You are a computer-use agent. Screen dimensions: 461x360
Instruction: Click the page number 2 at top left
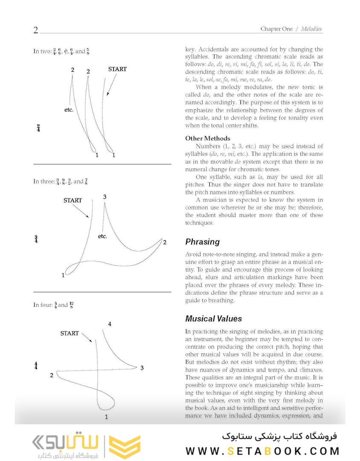click(x=36, y=30)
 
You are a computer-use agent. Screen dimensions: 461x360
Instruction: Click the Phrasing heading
click(x=202, y=242)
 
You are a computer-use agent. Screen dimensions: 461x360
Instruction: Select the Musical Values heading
click(x=213, y=319)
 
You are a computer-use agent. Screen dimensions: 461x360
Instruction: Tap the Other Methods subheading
click(x=207, y=138)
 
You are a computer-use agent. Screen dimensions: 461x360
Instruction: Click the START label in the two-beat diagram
click(x=117, y=69)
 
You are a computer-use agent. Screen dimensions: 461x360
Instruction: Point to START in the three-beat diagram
click(x=73, y=200)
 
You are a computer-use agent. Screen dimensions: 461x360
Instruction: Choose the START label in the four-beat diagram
click(x=70, y=333)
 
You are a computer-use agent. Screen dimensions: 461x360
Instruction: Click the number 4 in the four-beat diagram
click(x=110, y=324)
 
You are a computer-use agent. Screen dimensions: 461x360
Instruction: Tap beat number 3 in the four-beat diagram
click(x=142, y=368)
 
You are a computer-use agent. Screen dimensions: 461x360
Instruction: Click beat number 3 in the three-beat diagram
click(x=105, y=197)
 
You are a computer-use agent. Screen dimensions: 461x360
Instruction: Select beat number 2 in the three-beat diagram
click(x=165, y=242)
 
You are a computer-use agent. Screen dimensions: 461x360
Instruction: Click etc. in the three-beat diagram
click(x=102, y=236)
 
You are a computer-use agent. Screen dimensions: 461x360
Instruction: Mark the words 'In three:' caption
click(x=44, y=181)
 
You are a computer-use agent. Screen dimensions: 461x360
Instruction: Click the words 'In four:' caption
click(x=43, y=305)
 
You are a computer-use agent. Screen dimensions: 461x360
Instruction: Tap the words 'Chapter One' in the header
click(x=276, y=29)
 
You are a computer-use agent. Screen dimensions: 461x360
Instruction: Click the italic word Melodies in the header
click(x=311, y=29)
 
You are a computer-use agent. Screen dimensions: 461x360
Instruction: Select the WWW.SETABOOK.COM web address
click(x=263, y=451)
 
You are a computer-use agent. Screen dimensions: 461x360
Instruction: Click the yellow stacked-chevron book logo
click(x=125, y=447)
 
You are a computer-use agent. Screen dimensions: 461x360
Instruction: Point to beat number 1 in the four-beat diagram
click(x=106, y=417)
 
